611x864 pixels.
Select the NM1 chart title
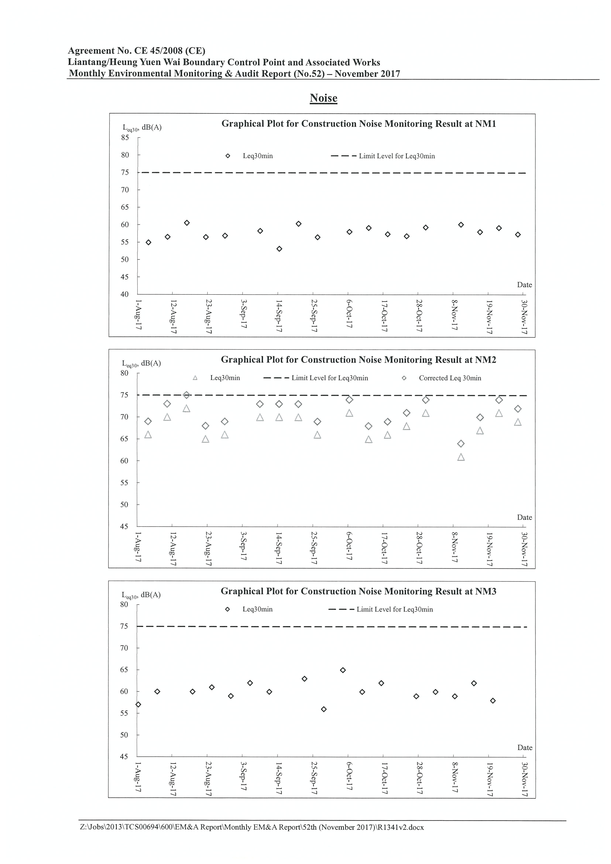(x=358, y=124)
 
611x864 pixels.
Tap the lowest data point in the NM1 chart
(x=279, y=249)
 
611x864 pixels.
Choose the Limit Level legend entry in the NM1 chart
(x=383, y=156)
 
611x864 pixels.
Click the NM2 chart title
(x=358, y=360)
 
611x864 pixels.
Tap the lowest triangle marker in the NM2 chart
(x=461, y=457)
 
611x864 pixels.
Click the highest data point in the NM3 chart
(x=343, y=670)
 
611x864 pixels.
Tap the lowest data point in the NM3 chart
(x=324, y=709)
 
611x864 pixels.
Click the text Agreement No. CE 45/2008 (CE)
(x=137, y=51)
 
